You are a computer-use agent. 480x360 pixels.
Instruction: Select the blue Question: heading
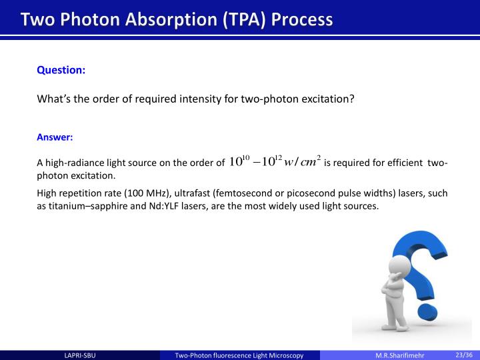coord(61,69)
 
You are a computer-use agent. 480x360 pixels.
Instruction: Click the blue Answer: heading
coord(55,138)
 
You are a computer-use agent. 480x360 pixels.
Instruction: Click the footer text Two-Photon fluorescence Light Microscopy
coord(239,355)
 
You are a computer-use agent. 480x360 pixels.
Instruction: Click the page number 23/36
coord(463,355)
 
